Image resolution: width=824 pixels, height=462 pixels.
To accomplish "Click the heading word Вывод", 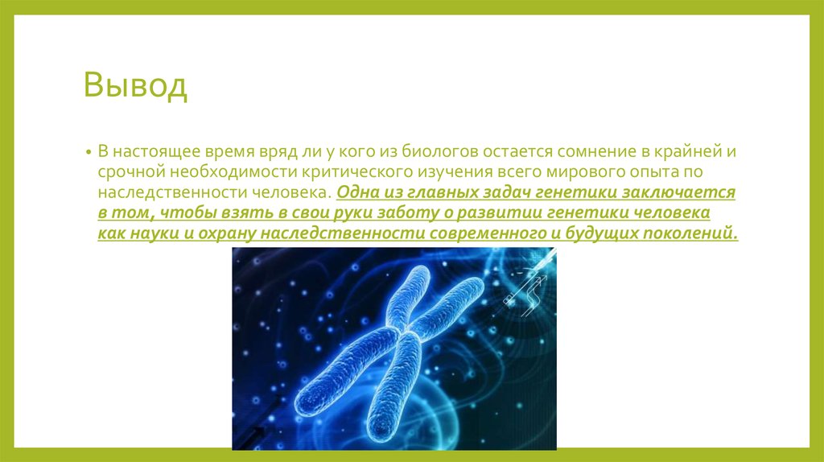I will click(136, 86).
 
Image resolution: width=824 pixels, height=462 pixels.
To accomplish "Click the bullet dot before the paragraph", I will click(89, 152).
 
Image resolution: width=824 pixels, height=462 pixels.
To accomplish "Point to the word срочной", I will click(131, 173).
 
